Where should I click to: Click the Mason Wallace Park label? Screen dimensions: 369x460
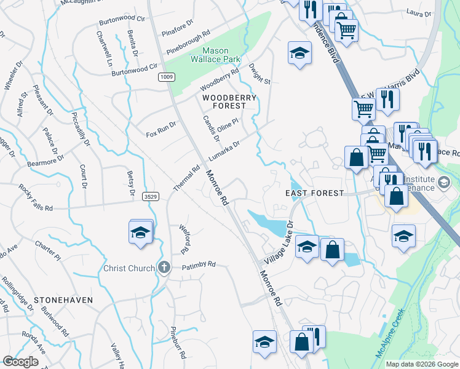click(x=216, y=56)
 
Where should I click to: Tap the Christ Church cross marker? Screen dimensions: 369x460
click(x=164, y=268)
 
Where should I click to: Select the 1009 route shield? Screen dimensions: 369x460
click(x=166, y=77)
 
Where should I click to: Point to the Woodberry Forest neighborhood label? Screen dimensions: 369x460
click(x=224, y=101)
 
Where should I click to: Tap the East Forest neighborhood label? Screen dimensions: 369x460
click(x=315, y=193)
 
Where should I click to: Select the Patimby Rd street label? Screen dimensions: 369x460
click(x=199, y=264)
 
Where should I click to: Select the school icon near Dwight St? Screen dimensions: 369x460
click(x=299, y=53)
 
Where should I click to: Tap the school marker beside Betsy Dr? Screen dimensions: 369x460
click(x=141, y=232)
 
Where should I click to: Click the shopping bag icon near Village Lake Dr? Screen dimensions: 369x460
click(x=332, y=250)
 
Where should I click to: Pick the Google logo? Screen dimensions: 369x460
click(x=20, y=362)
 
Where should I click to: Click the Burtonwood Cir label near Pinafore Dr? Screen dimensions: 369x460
click(x=124, y=20)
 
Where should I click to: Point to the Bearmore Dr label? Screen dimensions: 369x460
click(x=46, y=161)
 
